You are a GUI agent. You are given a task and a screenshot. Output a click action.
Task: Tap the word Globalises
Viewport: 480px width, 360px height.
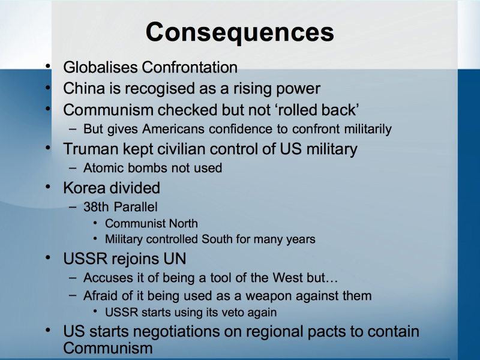[100, 67]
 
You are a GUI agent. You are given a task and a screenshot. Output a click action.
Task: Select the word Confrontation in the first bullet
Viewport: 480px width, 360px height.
[190, 67]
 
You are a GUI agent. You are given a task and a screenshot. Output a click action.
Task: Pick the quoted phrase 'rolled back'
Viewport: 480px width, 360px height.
[318, 110]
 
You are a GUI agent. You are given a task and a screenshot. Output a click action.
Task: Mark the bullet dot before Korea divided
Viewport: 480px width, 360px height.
[47, 187]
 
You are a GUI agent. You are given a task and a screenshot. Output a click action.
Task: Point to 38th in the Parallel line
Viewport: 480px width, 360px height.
[96, 207]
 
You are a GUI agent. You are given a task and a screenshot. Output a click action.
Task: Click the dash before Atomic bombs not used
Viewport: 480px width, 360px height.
[73, 168]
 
